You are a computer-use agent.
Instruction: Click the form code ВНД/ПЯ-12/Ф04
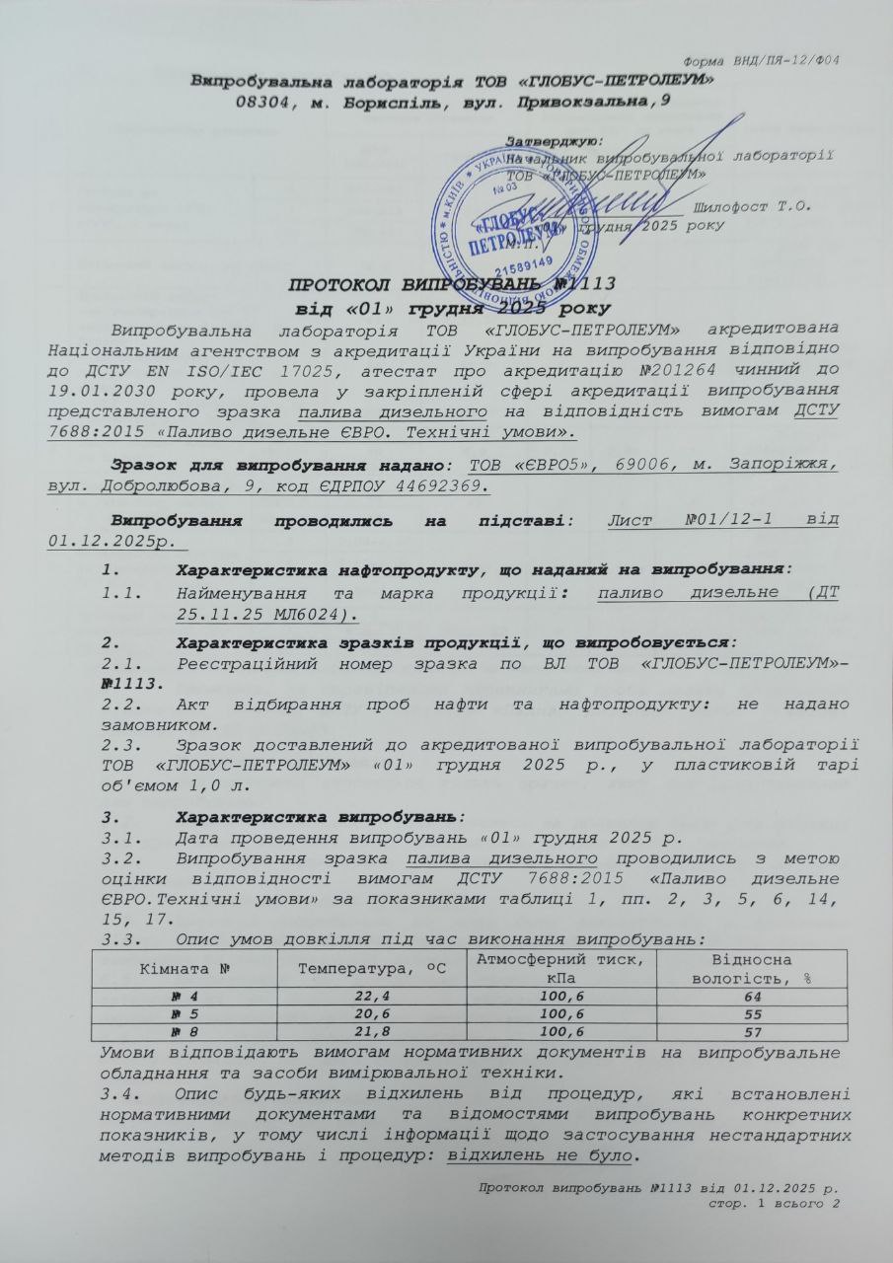point(789,61)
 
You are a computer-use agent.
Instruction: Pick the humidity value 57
point(751,1032)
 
